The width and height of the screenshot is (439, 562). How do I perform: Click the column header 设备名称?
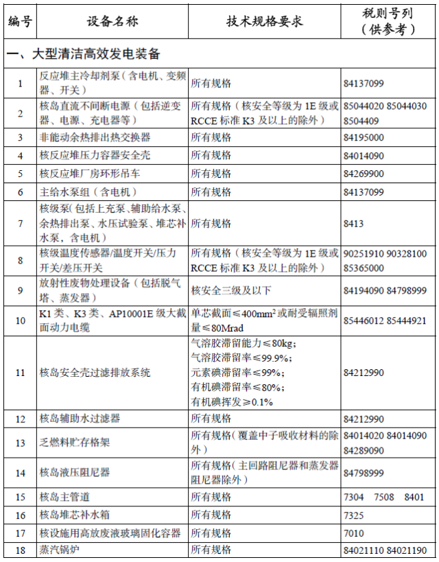tap(112, 21)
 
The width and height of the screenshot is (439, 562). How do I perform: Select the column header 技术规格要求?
tap(264, 21)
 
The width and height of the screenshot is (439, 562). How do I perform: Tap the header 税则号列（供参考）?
tap(388, 21)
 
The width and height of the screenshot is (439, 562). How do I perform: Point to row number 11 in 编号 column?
tap(21, 373)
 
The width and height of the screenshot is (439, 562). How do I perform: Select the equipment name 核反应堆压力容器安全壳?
tap(95, 156)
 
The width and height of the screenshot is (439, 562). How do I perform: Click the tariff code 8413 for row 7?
tap(353, 224)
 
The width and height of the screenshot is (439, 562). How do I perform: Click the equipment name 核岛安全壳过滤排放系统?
tap(95, 373)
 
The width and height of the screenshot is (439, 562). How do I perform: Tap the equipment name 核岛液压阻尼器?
tap(75, 473)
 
